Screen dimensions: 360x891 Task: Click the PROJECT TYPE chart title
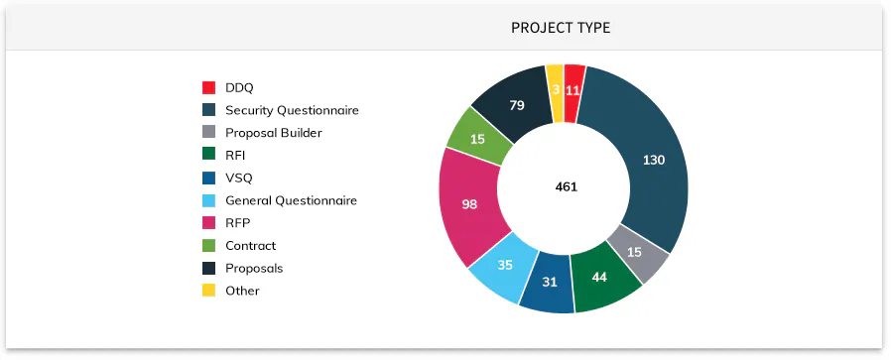(561, 28)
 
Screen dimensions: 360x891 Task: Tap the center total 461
(566, 186)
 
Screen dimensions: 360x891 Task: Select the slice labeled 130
(652, 161)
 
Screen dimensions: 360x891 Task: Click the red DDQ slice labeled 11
(573, 89)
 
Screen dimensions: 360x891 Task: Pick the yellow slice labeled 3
(556, 88)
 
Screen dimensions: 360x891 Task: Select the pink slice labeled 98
(469, 204)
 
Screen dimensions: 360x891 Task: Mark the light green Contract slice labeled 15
(477, 139)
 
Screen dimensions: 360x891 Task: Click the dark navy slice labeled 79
(516, 105)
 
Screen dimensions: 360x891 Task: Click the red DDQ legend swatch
(208, 88)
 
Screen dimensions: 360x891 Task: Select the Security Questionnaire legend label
(292, 110)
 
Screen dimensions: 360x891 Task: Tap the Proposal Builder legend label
(273, 133)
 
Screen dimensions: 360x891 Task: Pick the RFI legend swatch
(208, 155)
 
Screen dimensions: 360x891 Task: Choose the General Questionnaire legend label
(291, 200)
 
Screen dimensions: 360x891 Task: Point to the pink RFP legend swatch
(208, 223)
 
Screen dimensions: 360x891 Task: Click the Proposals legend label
(254, 268)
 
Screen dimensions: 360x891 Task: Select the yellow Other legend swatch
(208, 291)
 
